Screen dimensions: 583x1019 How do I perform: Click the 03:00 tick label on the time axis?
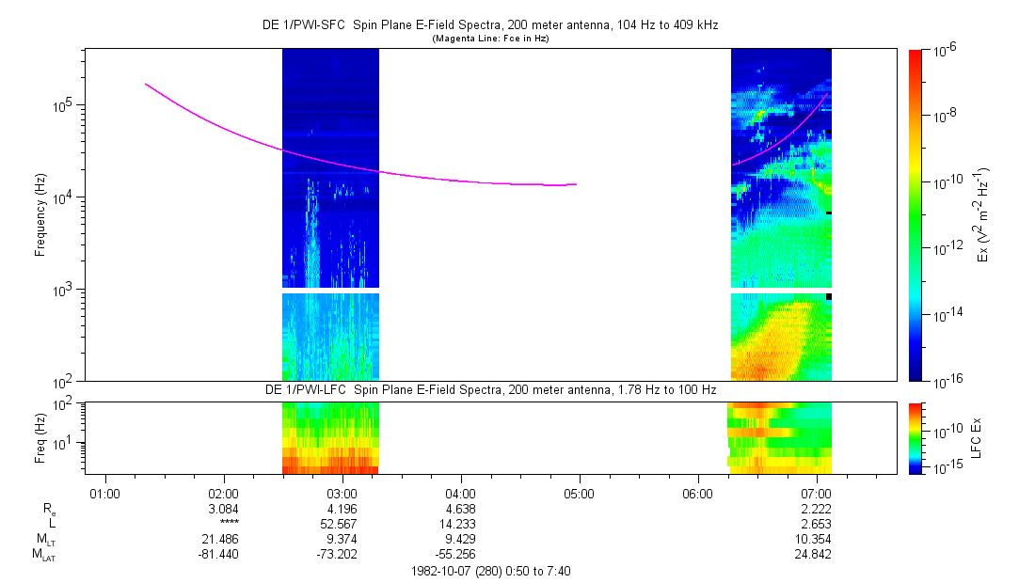pyautogui.click(x=342, y=493)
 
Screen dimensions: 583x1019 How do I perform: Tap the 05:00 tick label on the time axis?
pyautogui.click(x=579, y=493)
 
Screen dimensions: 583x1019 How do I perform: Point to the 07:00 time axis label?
pyautogui.click(x=816, y=493)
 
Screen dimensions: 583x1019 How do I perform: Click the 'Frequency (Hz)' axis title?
pyautogui.click(x=40, y=214)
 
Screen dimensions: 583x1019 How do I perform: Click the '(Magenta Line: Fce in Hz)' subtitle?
pyautogui.click(x=490, y=39)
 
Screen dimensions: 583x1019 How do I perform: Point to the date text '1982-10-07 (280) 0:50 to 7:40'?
pyautogui.click(x=490, y=571)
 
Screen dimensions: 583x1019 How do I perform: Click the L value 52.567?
pyautogui.click(x=342, y=524)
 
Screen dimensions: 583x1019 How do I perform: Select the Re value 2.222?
pyautogui.click(x=816, y=509)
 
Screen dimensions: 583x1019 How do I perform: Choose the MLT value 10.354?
pyautogui.click(x=816, y=540)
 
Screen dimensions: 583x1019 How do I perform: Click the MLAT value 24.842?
pyautogui.click(x=816, y=555)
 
